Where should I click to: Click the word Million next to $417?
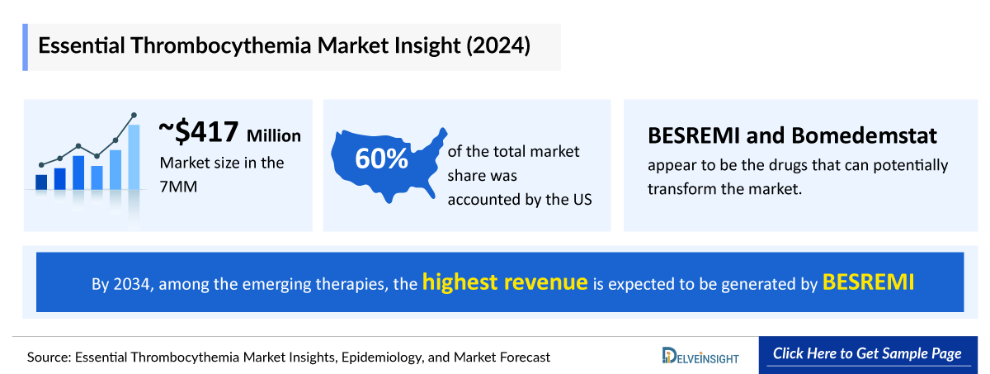point(274,135)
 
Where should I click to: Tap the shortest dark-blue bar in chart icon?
point(41,182)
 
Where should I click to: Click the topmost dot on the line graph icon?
point(134,116)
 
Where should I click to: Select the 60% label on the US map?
point(381,159)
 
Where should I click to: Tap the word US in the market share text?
point(582,199)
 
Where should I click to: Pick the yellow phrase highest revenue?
point(505,282)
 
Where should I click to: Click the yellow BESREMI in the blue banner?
point(868,282)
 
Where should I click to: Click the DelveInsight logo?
point(700,356)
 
